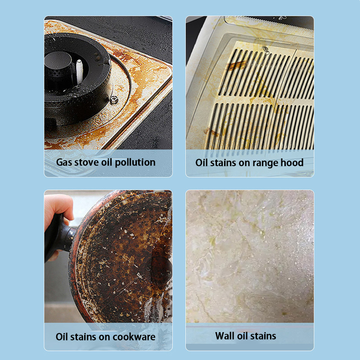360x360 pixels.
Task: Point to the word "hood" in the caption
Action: click(292, 162)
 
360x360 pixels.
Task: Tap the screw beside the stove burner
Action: click(114, 99)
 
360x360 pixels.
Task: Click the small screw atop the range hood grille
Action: click(266, 49)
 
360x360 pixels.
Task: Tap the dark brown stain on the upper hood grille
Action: click(237, 65)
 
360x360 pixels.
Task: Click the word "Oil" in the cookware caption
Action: click(62, 337)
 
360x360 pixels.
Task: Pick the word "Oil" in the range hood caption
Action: click(201, 162)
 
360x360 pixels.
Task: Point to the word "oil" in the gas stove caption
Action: click(107, 162)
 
